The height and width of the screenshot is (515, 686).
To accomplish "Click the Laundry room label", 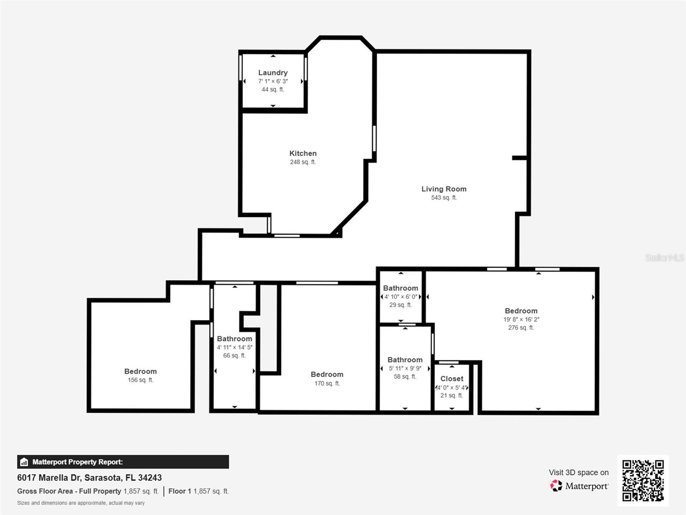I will pyautogui.click(x=273, y=73).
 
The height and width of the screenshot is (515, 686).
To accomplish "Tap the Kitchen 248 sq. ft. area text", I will pyautogui.click(x=303, y=162).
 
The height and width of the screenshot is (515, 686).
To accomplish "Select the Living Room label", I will pyautogui.click(x=444, y=189).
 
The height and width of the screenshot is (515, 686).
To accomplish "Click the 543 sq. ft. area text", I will pyautogui.click(x=444, y=197).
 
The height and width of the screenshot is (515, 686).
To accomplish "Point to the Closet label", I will pyautogui.click(x=451, y=379).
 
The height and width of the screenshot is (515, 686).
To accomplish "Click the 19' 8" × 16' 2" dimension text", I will pyautogui.click(x=521, y=319).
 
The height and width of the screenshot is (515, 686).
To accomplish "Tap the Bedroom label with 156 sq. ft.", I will pyautogui.click(x=140, y=371).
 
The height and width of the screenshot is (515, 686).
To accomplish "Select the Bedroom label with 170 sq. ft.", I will pyautogui.click(x=327, y=374).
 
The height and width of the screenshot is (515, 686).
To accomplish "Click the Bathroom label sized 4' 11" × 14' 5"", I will pyautogui.click(x=234, y=339).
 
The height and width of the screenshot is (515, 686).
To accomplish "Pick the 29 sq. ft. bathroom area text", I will pyautogui.click(x=400, y=305).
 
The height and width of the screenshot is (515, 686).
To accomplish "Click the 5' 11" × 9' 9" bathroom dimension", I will pyautogui.click(x=405, y=368).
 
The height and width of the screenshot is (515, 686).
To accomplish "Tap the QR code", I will pyautogui.click(x=643, y=480).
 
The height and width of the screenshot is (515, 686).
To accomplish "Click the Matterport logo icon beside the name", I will pyautogui.click(x=556, y=486).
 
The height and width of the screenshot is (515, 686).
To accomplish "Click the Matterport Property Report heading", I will pyautogui.click(x=77, y=462).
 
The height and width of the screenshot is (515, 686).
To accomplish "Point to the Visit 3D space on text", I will pyautogui.click(x=578, y=472).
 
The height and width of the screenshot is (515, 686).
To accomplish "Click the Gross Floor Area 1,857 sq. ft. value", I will pyautogui.click(x=141, y=491).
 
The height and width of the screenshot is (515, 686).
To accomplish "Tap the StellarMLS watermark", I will pyautogui.click(x=664, y=257).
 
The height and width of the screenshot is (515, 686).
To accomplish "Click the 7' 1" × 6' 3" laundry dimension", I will pyautogui.click(x=273, y=81).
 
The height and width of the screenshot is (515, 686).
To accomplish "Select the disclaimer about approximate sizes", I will pyautogui.click(x=81, y=503).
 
